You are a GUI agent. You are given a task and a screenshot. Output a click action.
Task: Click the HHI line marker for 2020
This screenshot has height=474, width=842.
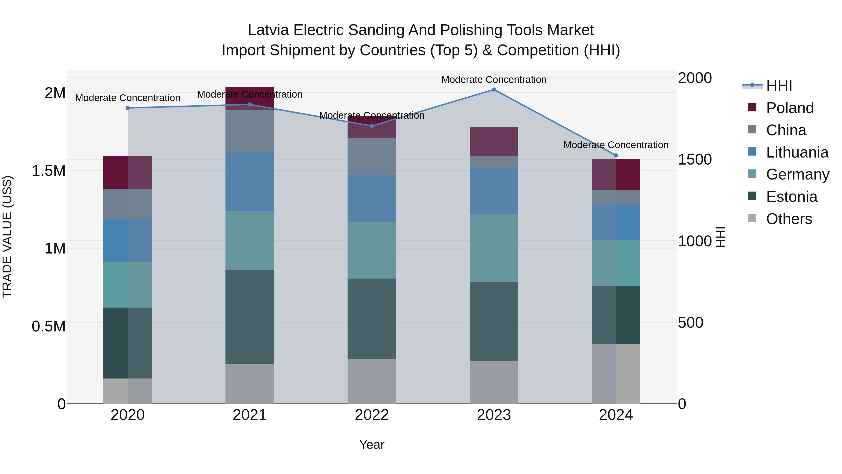(128, 108)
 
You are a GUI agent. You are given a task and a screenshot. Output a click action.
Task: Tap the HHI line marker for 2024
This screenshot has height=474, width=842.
(616, 155)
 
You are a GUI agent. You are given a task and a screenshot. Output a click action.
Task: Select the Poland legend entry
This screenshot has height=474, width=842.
(789, 108)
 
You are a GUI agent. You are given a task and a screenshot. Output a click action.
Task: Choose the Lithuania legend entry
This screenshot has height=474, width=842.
(797, 152)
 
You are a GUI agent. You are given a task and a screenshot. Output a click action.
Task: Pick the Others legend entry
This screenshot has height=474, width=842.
(789, 219)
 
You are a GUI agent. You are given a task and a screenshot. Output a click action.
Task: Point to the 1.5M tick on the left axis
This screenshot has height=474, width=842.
(49, 171)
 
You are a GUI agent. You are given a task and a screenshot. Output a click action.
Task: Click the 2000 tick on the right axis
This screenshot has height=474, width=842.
(695, 78)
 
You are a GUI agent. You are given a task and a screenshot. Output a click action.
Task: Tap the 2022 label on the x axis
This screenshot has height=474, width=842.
(372, 415)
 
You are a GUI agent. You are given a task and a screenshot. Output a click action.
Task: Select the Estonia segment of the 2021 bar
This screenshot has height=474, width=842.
(250, 317)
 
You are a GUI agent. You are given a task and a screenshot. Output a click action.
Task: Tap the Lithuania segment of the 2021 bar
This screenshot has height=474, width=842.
(250, 182)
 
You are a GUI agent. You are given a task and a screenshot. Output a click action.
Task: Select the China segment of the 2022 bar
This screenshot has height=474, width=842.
(372, 156)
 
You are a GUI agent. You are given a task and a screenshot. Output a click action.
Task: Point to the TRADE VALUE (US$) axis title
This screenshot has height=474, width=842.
(7, 237)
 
